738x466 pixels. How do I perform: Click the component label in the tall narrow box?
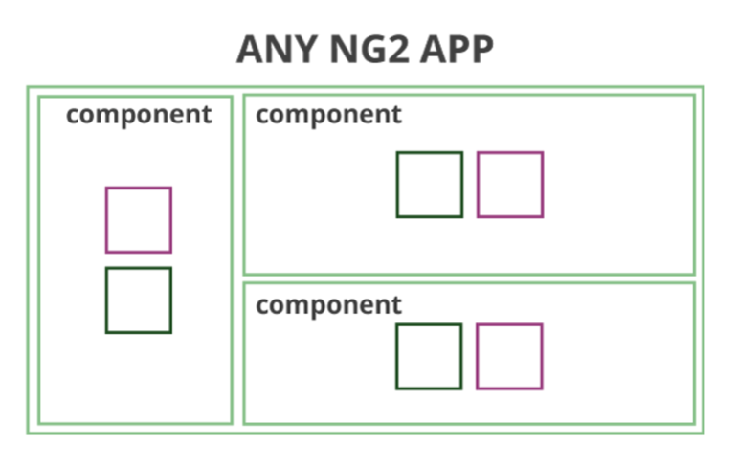click(139, 116)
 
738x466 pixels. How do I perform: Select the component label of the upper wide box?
click(328, 116)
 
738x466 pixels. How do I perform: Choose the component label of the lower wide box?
click(328, 305)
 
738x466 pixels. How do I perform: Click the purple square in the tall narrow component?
click(139, 220)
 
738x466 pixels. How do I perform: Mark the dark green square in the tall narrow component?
click(139, 300)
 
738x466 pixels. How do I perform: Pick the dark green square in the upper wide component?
click(430, 185)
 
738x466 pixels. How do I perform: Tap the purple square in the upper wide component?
click(510, 185)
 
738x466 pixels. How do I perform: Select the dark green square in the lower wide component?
click(429, 357)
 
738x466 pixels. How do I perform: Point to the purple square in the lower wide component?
click(509, 357)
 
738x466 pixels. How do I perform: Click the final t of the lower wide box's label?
click(396, 305)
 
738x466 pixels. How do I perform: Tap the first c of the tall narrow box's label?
click(74, 117)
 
